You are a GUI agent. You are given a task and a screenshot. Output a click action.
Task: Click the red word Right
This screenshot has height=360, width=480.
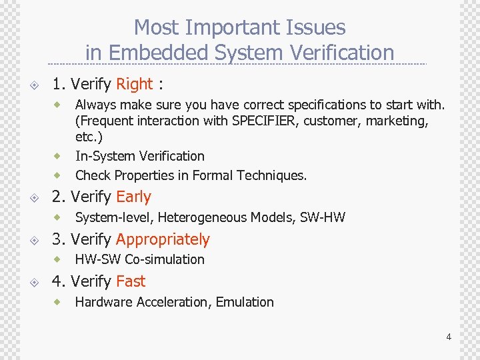click(x=135, y=84)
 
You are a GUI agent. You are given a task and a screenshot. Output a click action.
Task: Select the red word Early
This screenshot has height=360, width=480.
click(x=133, y=197)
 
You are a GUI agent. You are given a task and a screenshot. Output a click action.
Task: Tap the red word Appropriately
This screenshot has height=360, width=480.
click(x=163, y=239)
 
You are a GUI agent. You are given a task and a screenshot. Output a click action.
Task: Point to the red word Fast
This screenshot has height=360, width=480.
click(x=131, y=281)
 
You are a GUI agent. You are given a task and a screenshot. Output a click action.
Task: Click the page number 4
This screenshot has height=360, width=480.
click(x=449, y=337)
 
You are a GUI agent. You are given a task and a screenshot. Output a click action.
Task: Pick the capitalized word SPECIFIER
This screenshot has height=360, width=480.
click(x=263, y=121)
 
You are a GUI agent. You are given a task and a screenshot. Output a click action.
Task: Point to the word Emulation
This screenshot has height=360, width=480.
click(x=245, y=302)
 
